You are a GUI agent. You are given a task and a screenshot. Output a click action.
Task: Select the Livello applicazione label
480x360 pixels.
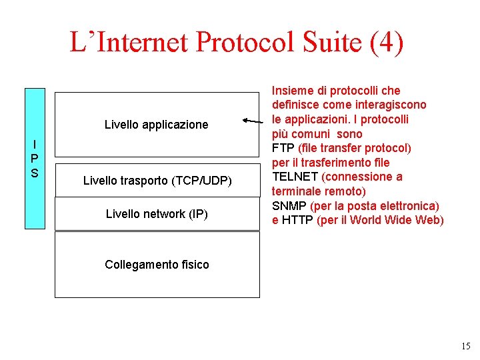pos(157,125)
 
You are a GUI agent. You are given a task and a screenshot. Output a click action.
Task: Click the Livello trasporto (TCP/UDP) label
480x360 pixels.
pos(157,180)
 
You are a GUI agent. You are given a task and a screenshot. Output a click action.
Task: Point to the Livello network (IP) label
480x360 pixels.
pos(157,214)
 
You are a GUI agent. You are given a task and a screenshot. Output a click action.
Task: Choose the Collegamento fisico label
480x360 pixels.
pos(157,265)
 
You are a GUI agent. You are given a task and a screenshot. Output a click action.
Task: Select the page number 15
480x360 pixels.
pos(465,346)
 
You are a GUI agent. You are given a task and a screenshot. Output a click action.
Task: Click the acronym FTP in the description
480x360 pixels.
pos(283,148)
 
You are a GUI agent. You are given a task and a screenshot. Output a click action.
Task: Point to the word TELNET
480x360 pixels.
pos(295,177)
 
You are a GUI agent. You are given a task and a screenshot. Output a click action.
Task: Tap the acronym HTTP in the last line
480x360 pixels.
pos(297,221)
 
